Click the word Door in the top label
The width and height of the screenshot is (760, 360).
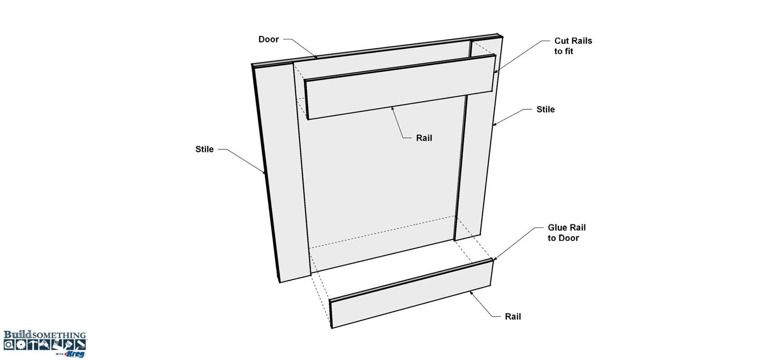coord(268,39)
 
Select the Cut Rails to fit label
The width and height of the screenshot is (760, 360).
coord(573,46)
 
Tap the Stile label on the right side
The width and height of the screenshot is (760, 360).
coord(545,109)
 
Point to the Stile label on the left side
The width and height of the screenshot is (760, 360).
coord(204,149)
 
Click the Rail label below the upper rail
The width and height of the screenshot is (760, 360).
coord(424,138)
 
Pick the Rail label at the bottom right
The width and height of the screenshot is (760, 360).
coord(513,316)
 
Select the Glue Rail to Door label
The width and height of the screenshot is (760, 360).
coord(567,233)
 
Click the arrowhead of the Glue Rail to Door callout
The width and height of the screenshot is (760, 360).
coord(495,259)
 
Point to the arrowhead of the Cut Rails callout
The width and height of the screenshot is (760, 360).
coord(496,71)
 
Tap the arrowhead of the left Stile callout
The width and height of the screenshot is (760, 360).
coord(264,172)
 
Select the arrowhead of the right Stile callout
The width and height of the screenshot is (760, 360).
coord(495,125)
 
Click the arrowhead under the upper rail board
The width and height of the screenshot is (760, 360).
coord(392,108)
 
